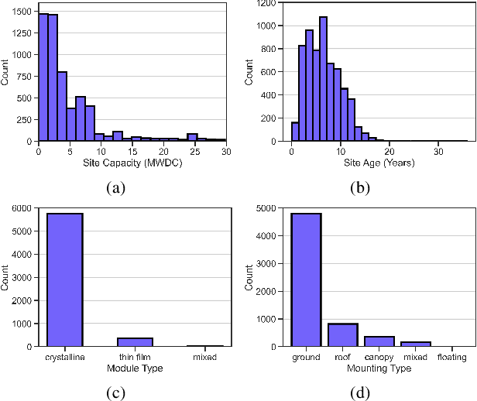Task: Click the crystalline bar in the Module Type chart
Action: pos(66,279)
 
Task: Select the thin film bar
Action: pos(136,341)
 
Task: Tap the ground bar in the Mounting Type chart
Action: pos(306,279)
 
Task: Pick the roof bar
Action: pos(342,334)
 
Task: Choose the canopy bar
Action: pos(379,341)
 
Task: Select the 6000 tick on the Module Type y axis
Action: pos(21,207)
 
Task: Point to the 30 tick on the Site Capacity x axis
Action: pos(225,151)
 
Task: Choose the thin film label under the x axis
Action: pos(136,356)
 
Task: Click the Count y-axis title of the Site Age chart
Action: pos(249,72)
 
